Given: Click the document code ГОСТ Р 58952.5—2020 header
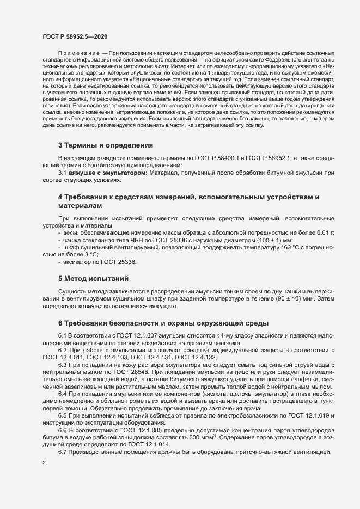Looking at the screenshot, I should [x=75, y=37].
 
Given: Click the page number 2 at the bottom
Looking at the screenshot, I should [x=44, y=463].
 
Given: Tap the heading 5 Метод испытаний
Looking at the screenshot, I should [x=93, y=278].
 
